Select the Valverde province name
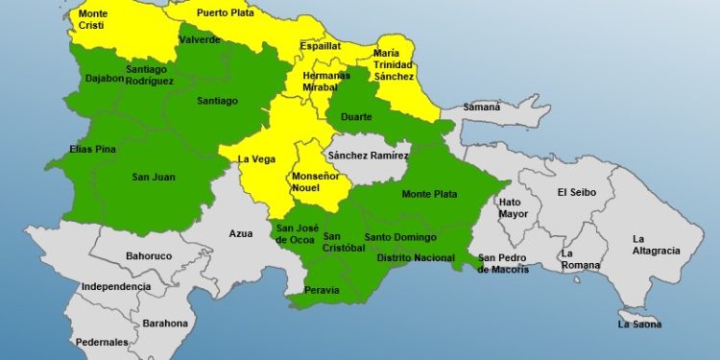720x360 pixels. pos(200,40)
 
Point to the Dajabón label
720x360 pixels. pos(103,79)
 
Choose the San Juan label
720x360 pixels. pos(154,176)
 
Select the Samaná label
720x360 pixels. pos(483,107)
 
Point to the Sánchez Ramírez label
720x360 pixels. pos(368,156)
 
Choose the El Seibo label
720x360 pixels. pos(577,192)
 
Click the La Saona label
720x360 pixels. pos(638,324)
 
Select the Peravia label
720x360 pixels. pos(321,289)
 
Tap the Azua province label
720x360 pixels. pos(241,233)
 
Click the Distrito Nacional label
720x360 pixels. pos(416,257)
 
